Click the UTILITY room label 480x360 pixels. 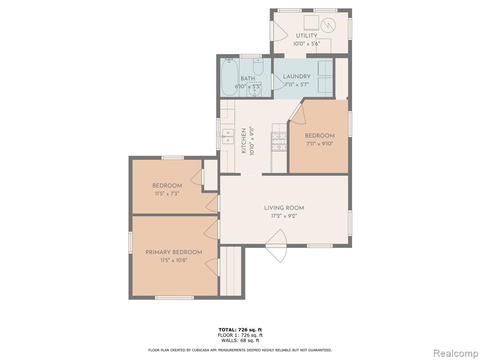(x=307, y=36)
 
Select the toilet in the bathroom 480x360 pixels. (x=258, y=67)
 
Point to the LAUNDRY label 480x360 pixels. (x=297, y=76)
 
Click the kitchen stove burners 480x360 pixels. (x=278, y=142)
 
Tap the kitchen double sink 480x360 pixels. (x=227, y=136)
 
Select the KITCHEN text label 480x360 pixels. (x=244, y=141)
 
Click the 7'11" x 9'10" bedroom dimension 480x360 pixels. (x=319, y=143)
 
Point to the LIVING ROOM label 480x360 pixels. (x=284, y=208)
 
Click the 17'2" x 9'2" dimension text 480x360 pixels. (x=284, y=216)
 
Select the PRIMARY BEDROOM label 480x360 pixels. (x=173, y=252)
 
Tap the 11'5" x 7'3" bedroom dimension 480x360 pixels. (x=167, y=194)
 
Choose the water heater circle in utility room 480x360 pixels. (x=328, y=24)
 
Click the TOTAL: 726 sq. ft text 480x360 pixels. (x=240, y=330)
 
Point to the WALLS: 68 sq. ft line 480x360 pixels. (x=240, y=340)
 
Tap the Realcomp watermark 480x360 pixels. (x=455, y=353)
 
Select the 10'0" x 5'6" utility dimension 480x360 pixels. (x=307, y=44)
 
